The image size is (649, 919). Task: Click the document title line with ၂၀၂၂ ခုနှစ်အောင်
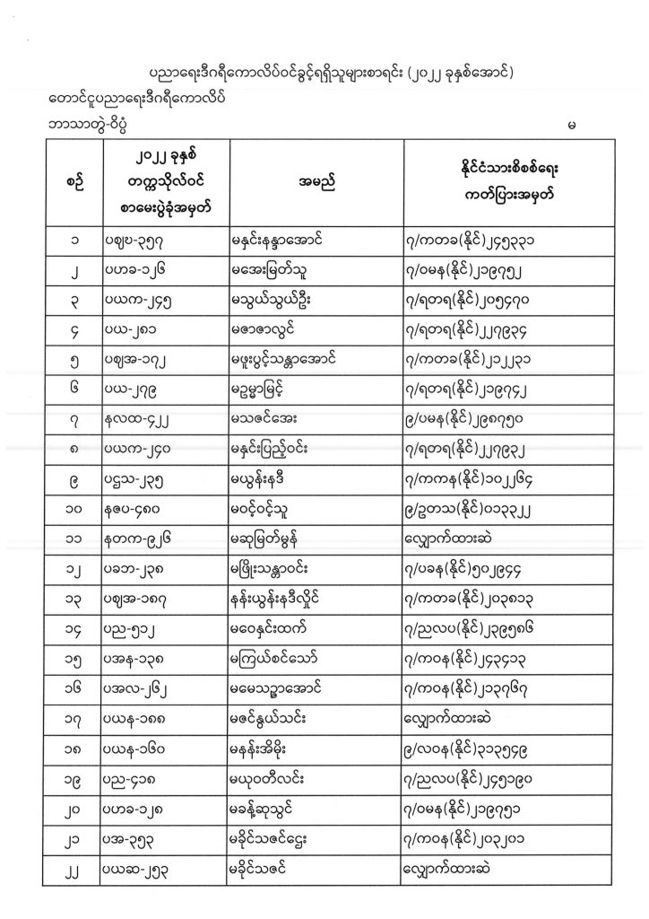[x=329, y=73]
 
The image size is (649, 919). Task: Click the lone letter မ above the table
[x=571, y=124]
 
